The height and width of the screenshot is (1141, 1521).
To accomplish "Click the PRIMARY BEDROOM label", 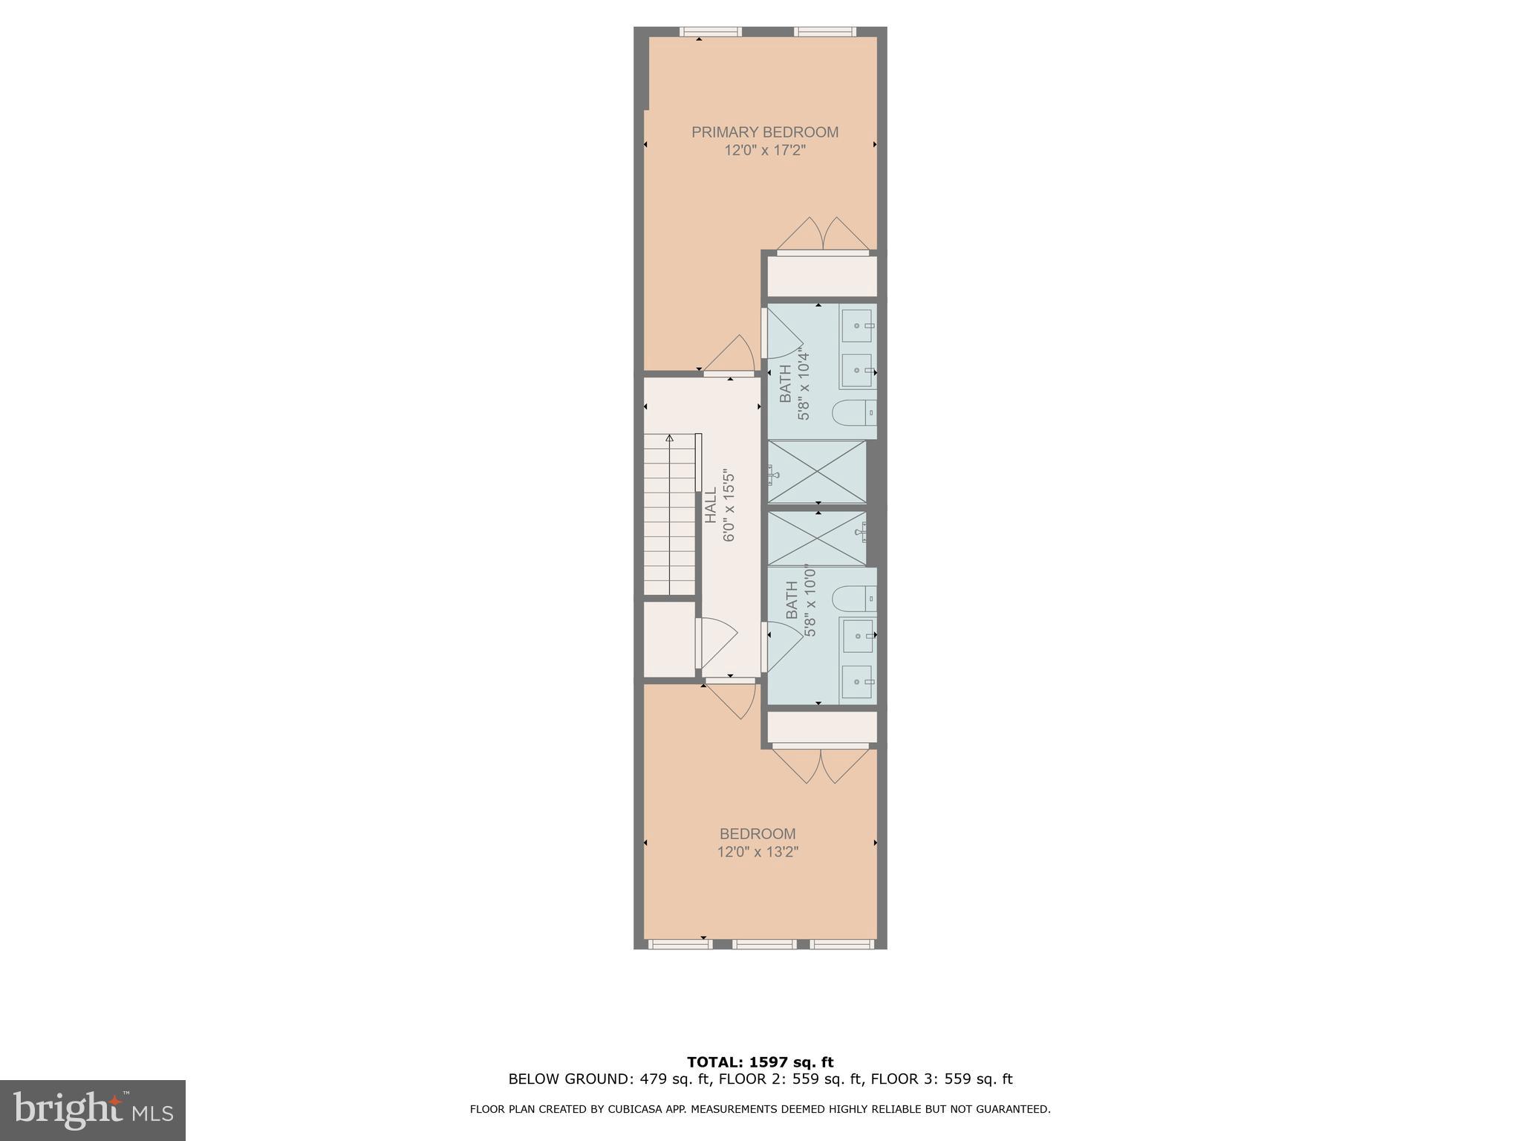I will click(x=764, y=132).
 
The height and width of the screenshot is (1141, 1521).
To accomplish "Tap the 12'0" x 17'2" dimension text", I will click(x=764, y=151).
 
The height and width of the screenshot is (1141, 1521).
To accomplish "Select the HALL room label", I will click(x=711, y=505).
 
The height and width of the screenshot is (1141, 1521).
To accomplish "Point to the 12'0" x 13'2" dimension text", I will click(x=757, y=852).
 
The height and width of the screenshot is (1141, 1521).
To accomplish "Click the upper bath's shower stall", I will click(x=816, y=472).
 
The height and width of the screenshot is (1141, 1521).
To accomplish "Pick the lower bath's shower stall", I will click(x=816, y=538).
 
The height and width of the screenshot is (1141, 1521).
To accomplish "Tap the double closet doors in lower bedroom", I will click(x=821, y=765).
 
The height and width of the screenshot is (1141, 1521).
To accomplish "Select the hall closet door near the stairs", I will click(x=714, y=642).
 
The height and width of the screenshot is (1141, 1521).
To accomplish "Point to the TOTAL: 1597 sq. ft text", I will click(x=760, y=1062).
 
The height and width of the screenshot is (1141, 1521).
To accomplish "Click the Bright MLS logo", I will click(x=92, y=1110).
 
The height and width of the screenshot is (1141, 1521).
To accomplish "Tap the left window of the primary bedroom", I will click(x=711, y=32).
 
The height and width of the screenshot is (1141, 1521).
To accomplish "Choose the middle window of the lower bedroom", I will click(x=764, y=944).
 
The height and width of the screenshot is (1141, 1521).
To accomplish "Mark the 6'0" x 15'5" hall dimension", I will click(x=729, y=505).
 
